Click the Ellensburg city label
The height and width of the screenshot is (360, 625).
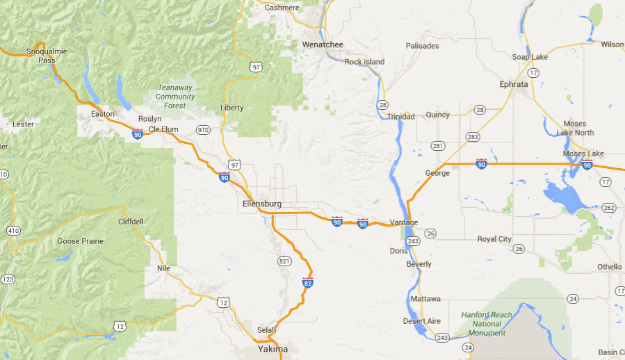[262, 204]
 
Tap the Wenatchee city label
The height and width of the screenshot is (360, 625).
[323, 44]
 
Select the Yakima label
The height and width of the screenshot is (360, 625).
[273, 349]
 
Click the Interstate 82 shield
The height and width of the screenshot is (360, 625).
[307, 283]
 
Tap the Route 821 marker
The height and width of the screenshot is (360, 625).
[284, 261]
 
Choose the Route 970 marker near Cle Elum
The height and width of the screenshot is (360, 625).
[203, 129]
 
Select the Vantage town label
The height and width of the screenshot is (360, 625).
[404, 222]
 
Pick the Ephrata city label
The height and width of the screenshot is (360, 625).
[514, 84]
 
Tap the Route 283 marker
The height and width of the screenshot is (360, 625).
[473, 136]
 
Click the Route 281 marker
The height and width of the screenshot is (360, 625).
[437, 146]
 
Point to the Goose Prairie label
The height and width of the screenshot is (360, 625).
[81, 241]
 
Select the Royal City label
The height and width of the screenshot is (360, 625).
[494, 239]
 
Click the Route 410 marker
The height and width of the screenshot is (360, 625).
[13, 230]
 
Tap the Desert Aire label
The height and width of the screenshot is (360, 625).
[422, 321]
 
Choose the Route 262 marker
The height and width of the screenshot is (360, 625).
[608, 208]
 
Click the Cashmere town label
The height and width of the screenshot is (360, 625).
[282, 8]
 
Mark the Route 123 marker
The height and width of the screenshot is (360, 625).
[8, 279]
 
